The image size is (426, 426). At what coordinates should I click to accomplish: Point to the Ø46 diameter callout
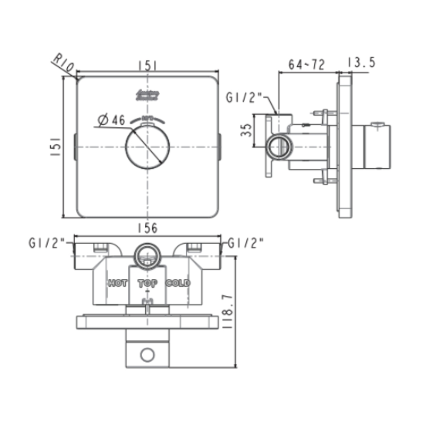pyautogui.click(x=111, y=121)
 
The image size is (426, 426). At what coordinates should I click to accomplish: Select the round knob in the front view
pyautogui.click(x=147, y=147)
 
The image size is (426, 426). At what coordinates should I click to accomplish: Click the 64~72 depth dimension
pyautogui.click(x=307, y=64)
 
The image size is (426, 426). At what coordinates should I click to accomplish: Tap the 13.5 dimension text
pyautogui.click(x=360, y=63)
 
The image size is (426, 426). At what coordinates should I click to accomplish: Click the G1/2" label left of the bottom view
pyautogui.click(x=47, y=243)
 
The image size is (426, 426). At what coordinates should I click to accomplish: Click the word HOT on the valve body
pyautogui.click(x=117, y=283)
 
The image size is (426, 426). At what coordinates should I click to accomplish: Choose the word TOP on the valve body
pyautogui.click(x=147, y=283)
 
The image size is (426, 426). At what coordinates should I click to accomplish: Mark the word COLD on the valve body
pyautogui.click(x=178, y=283)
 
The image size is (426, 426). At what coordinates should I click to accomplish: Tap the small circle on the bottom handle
pyautogui.click(x=147, y=354)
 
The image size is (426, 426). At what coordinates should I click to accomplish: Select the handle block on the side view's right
pyautogui.click(x=377, y=147)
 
